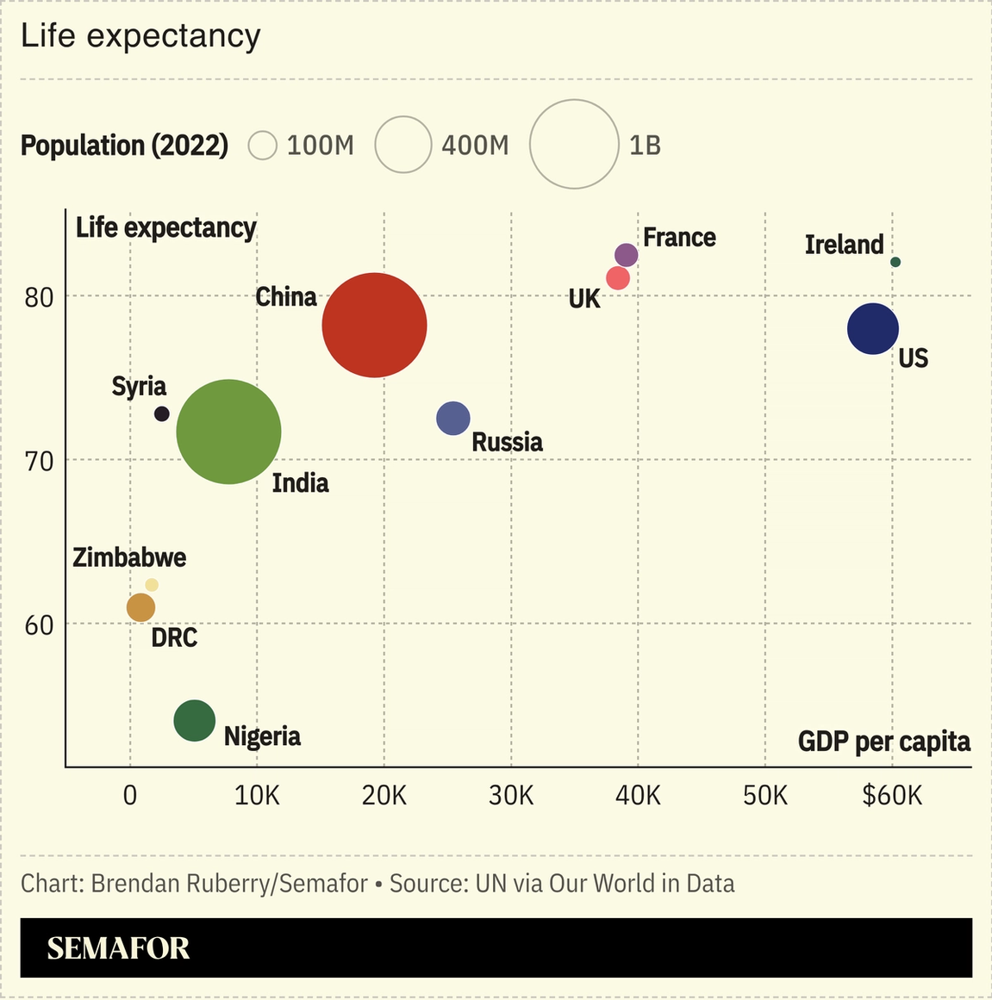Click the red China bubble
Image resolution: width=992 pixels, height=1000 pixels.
click(x=374, y=325)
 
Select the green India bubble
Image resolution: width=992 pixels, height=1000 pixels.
click(x=228, y=432)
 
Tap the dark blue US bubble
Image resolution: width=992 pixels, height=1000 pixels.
click(x=872, y=328)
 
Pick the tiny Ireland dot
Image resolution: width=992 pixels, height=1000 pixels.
click(x=895, y=262)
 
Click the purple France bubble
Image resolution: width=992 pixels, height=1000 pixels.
click(x=627, y=255)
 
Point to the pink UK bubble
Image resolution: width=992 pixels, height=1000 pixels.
click(x=618, y=278)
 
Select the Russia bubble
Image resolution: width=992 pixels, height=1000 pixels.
click(x=453, y=419)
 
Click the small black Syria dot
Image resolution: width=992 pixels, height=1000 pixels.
click(x=161, y=413)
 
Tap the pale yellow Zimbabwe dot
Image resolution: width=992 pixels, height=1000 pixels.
click(x=152, y=585)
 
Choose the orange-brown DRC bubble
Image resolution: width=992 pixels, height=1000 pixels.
click(x=140, y=607)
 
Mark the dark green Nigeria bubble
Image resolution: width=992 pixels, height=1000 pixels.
click(x=194, y=720)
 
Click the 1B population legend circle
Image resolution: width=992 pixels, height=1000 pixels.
click(x=574, y=144)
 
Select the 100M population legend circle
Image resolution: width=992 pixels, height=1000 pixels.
click(x=262, y=146)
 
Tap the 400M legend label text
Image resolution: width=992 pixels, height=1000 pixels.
click(x=475, y=146)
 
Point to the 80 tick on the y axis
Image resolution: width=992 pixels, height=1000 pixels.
click(x=39, y=297)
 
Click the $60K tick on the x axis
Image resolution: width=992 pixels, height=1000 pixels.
click(x=892, y=795)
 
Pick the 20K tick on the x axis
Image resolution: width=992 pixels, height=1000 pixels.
click(x=384, y=795)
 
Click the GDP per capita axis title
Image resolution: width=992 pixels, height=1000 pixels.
click(x=883, y=742)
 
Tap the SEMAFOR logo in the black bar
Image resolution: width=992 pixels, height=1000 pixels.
click(x=118, y=948)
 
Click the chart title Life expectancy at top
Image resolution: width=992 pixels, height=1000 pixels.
click(x=140, y=36)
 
